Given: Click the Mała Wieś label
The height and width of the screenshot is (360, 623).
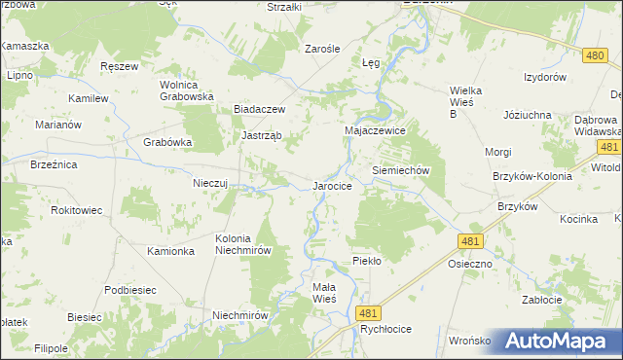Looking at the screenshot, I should tap(323, 293).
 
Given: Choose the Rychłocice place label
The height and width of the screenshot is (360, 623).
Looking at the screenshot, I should tap(385, 330).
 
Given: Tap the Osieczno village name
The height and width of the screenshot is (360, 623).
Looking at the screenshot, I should tap(470, 264).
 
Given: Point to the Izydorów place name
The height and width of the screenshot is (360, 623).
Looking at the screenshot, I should tap(545, 77).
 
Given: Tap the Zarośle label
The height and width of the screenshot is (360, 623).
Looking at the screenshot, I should tap(321, 48).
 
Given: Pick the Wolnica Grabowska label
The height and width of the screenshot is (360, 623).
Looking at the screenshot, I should tap(186, 90).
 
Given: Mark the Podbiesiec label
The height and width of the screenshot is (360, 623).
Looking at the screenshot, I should tap(130, 290).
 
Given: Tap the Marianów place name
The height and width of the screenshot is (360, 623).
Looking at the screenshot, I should tap(54, 125).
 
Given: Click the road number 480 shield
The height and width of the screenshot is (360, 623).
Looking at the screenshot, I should tap(597, 55).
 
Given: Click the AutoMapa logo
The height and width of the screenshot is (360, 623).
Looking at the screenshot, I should tap(559, 341).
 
